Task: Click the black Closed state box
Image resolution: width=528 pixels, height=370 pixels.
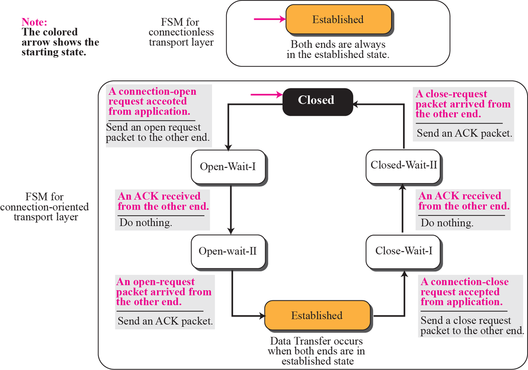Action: pos(316,101)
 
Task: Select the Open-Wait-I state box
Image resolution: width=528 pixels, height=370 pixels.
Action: pos(228,166)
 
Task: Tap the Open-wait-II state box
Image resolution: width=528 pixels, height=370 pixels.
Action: pos(228,251)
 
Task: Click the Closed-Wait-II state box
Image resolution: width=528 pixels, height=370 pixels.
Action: pos(404,165)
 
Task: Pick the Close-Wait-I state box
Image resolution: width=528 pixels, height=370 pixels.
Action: pos(404,251)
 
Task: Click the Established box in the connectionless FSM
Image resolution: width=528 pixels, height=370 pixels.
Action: pos(338,19)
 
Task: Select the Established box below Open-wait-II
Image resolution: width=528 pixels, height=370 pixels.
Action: pos(317,316)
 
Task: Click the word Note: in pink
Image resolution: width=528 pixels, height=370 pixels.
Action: pos(34,22)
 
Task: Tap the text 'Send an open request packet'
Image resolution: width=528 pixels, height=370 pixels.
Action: pos(153,128)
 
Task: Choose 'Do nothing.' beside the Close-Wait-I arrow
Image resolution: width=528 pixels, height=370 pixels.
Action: pos(447,223)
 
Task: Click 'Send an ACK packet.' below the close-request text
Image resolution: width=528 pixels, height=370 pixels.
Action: pos(464,133)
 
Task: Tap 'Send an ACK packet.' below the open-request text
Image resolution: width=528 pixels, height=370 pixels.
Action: pos(165,321)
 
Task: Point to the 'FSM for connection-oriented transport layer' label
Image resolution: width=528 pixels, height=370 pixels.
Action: pos(45,207)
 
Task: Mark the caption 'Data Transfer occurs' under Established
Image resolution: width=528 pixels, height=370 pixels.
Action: pos(316,341)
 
